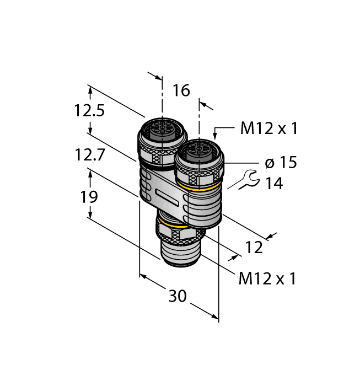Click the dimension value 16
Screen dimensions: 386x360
[181, 91]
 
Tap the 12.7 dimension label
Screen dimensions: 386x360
[89, 157]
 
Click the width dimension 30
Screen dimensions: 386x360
[177, 296]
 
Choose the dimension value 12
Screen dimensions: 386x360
[254, 247]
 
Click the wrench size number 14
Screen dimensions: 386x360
[273, 184]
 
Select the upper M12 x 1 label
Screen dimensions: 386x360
[269, 128]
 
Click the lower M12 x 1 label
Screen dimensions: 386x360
[267, 279]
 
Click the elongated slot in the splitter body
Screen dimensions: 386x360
[168, 196]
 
